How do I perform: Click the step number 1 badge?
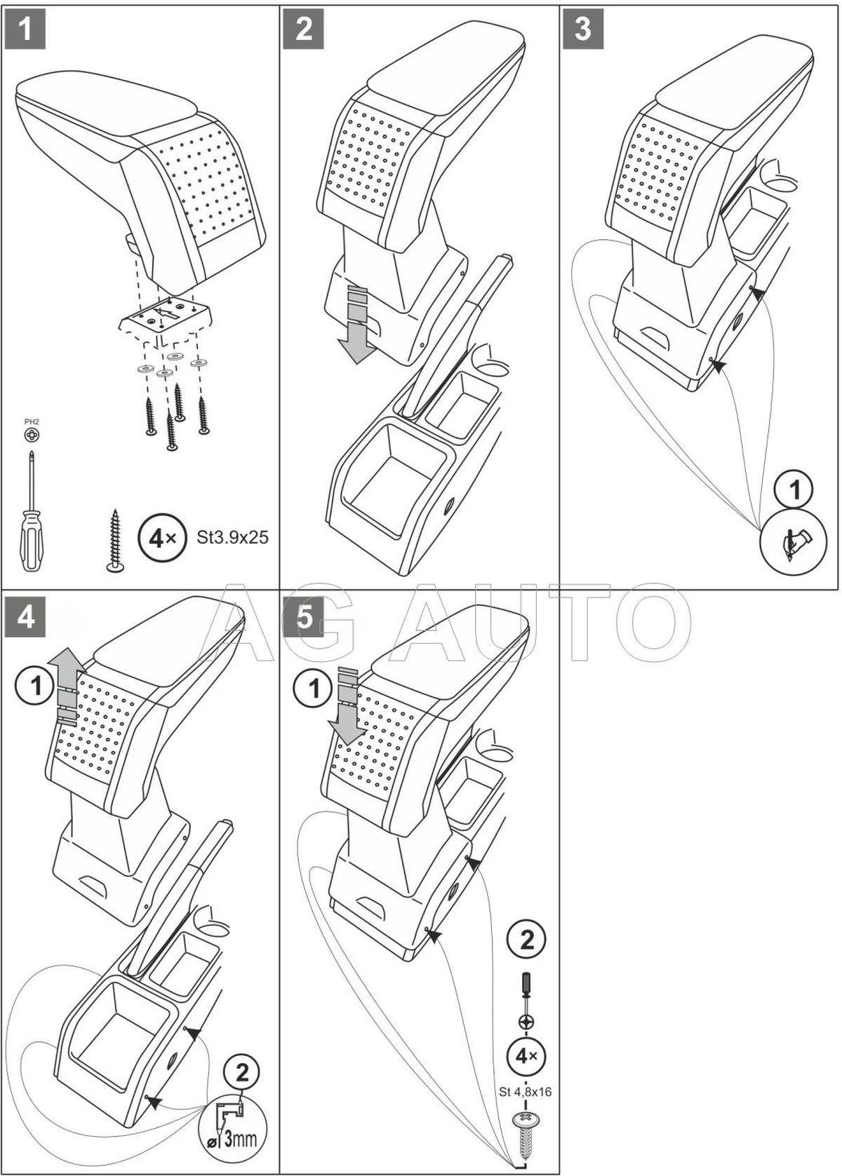click(25, 28)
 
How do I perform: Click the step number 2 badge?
click(304, 28)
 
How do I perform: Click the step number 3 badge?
click(583, 28)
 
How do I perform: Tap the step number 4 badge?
click(25, 618)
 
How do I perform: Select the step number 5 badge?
click(304, 618)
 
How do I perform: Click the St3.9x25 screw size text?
click(231, 538)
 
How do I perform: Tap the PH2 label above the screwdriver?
click(32, 422)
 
